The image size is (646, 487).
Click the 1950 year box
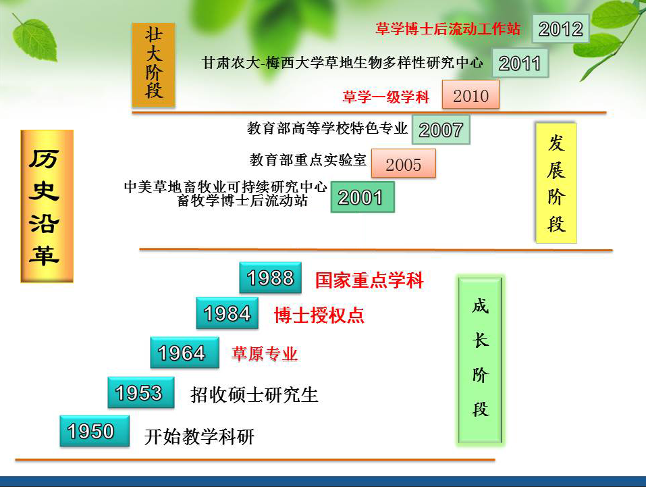pos(95,431)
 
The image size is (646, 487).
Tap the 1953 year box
pos(141,392)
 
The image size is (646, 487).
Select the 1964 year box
pos(184,353)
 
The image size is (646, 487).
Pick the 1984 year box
pos(227,313)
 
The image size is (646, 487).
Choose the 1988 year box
pos(270,278)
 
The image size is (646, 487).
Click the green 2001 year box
pos(362,197)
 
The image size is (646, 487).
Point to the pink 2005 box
pos(404,163)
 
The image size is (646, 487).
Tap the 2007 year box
pos(441,130)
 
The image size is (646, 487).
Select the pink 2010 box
pos(470,95)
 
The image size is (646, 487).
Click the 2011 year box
pos(520,63)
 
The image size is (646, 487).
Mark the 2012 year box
pos(560,28)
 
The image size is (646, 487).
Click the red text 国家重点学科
pos(369,280)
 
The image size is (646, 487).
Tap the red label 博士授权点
pos(319,315)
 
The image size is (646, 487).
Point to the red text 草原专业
pos(265,354)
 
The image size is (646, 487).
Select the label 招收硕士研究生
pos(254,394)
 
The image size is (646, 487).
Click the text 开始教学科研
pos(199,437)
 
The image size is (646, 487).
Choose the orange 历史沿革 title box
pos(47,206)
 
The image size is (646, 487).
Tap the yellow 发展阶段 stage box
pos(556,182)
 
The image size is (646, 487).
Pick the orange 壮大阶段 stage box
pos(154,65)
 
